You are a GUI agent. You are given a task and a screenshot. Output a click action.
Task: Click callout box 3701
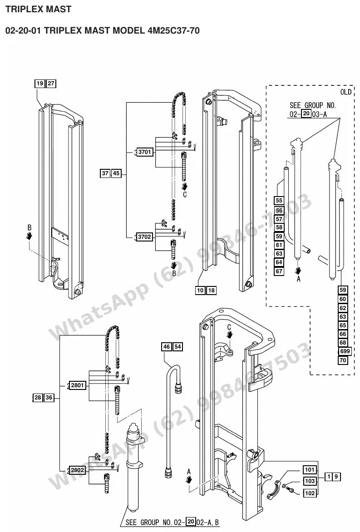(x=144, y=152)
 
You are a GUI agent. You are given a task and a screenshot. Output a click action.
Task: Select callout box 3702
(x=144, y=236)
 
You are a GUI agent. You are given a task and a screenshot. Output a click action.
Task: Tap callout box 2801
(x=77, y=385)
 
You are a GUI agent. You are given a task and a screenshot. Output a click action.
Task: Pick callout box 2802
(x=77, y=470)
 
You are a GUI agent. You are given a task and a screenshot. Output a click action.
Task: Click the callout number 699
(x=345, y=351)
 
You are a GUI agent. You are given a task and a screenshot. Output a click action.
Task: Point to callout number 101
(x=310, y=470)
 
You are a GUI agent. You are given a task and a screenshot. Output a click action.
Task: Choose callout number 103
(x=310, y=481)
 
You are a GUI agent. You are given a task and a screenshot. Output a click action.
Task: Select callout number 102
(x=310, y=493)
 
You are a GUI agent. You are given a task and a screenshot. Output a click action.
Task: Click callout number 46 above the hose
(x=166, y=347)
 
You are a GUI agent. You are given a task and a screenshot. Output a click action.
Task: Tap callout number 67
(x=279, y=271)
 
